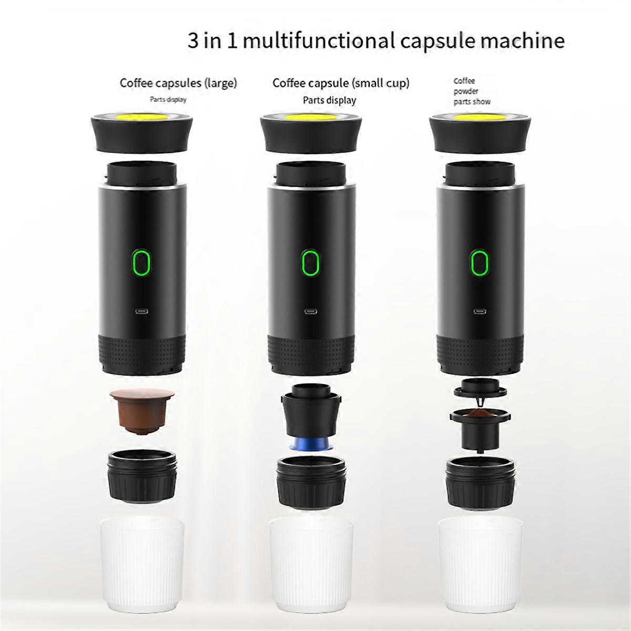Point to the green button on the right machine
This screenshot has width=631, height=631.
pos(478,262)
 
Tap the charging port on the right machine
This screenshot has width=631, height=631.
pos(478,311)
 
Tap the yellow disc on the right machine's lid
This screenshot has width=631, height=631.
pos(478,116)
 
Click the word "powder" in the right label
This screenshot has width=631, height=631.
pos(466,91)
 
